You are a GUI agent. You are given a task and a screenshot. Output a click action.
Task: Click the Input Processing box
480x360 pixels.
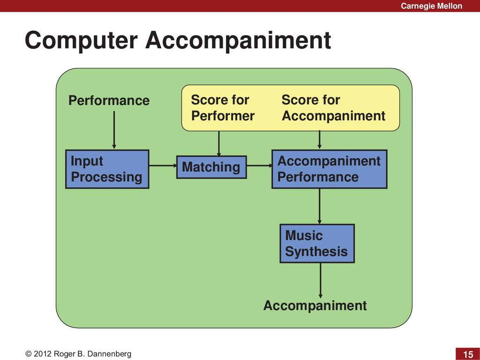point(107,169)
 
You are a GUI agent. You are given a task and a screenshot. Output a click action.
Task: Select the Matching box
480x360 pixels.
point(211,167)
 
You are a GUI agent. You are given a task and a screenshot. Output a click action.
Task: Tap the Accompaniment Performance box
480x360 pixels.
point(330,169)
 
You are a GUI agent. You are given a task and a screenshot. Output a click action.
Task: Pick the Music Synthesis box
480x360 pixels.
point(317,243)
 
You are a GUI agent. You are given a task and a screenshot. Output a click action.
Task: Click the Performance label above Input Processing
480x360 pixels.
point(109,100)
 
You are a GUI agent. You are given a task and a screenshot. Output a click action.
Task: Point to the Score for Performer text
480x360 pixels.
point(223,108)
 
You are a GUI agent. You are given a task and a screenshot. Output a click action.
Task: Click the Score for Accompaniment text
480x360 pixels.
point(333,108)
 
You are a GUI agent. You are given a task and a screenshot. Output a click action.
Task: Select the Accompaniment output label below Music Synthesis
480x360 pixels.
point(315,306)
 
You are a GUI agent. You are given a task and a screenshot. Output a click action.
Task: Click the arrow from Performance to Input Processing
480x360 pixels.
point(114,130)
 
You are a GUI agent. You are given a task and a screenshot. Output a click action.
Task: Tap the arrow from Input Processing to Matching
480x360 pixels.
point(163,165)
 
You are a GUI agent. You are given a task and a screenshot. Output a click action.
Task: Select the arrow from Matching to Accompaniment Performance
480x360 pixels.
point(260,165)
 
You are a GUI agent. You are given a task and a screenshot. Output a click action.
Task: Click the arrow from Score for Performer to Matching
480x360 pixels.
point(219,143)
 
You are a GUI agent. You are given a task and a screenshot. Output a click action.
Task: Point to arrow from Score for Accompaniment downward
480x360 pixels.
point(320,140)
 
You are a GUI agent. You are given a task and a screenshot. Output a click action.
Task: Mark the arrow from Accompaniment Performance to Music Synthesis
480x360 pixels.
point(320,206)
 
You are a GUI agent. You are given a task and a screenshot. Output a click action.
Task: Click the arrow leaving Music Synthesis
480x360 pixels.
point(321,280)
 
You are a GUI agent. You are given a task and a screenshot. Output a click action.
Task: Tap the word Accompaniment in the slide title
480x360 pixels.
point(238,40)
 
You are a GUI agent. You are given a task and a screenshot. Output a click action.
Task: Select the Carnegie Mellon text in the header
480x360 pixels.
point(431,6)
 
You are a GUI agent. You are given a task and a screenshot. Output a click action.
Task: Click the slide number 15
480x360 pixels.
point(468,354)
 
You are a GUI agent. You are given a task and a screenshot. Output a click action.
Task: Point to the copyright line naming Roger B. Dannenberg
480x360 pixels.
point(78,354)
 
